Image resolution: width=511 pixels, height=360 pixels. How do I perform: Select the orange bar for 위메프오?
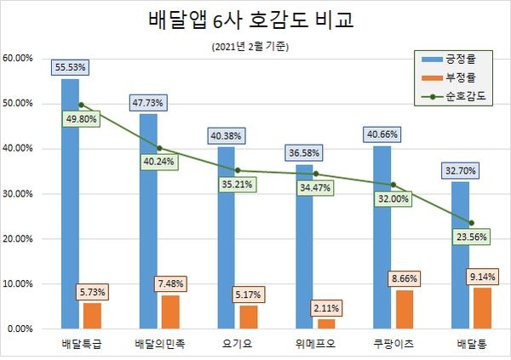pos(325,323)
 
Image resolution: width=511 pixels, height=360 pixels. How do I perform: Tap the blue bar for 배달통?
pos(459,255)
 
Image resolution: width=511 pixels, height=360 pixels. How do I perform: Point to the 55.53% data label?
pos(70,66)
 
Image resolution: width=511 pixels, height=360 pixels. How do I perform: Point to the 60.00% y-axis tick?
pos(18,58)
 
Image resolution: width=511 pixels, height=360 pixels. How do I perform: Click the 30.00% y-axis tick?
pos(18,193)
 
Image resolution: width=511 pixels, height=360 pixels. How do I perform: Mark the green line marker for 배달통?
pos(471,223)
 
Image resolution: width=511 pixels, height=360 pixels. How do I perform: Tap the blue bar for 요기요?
pos(225,238)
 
